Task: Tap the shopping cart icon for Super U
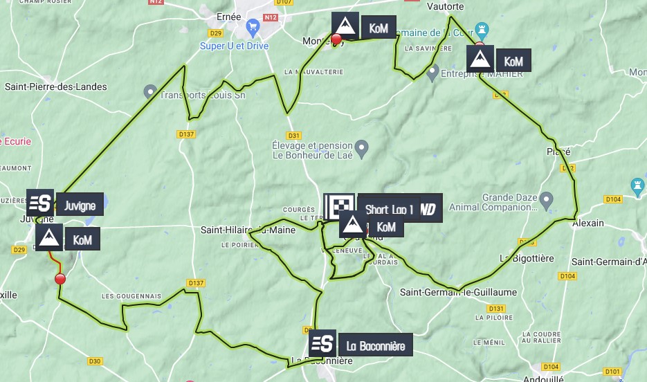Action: pos(253,28)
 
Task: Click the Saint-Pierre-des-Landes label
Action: pos(56,87)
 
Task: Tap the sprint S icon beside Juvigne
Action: pos(41,203)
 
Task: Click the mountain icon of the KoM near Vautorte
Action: pos(478,60)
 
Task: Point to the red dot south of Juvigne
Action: pos(60,279)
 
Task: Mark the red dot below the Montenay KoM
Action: pos(336,39)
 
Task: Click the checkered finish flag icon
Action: pos(339,206)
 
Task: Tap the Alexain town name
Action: pos(588,223)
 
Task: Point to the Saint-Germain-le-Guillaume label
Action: pos(458,292)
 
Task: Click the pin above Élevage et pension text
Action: pos(361,147)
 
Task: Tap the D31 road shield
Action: pos(294,136)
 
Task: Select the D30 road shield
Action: pos(95,361)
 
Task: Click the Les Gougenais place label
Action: pos(131,296)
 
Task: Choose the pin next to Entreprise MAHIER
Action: pos(432,72)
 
